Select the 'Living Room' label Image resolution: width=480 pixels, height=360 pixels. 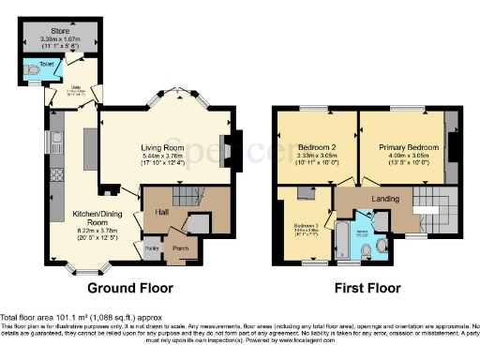pyautogui.click(x=167, y=144)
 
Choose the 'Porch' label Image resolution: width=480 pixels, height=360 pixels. pyautogui.click(x=179, y=248)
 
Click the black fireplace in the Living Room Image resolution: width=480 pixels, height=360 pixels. pyautogui.click(x=229, y=145)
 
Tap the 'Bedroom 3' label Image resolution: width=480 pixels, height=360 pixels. pyautogui.click(x=303, y=226)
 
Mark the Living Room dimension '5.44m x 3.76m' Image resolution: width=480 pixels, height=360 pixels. pyautogui.click(x=167, y=155)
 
